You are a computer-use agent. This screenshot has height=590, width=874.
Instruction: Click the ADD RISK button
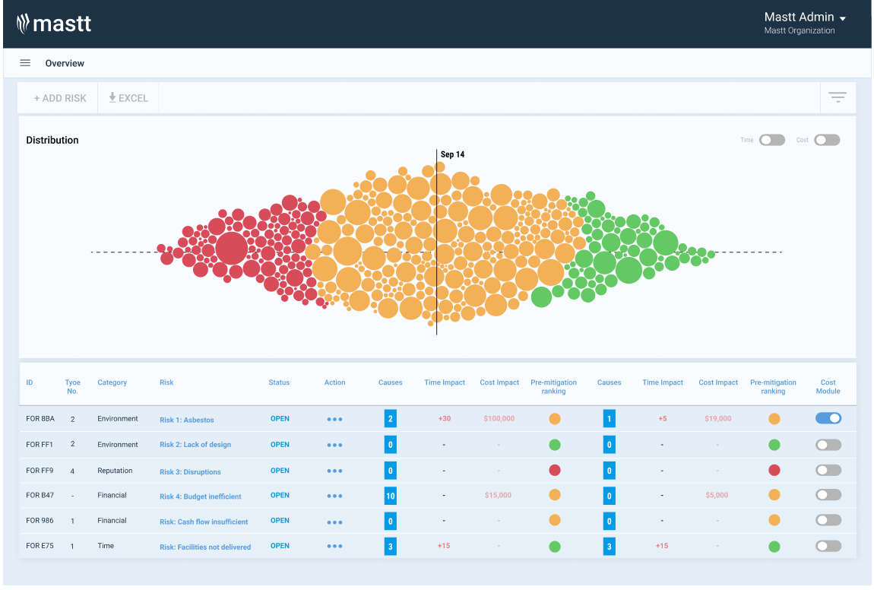[60, 98]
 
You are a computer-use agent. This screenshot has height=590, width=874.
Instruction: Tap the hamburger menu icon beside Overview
[25, 63]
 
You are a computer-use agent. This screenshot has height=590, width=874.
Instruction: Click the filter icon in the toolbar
[838, 97]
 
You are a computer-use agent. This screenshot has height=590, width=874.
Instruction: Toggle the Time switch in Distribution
[772, 140]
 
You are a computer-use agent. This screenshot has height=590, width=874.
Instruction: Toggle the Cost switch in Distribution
[827, 140]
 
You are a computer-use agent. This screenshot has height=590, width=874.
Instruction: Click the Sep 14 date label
[452, 154]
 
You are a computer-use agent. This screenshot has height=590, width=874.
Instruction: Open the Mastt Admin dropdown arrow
[843, 18]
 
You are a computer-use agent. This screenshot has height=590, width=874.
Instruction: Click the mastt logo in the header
[54, 24]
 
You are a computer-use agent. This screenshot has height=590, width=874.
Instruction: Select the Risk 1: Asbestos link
[187, 420]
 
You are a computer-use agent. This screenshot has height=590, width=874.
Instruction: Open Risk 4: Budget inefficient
[201, 496]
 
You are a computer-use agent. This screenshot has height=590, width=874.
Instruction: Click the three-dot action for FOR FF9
[334, 471]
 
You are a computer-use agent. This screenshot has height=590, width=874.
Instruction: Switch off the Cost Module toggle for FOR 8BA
[828, 418]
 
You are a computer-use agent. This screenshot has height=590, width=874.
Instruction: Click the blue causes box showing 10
[391, 496]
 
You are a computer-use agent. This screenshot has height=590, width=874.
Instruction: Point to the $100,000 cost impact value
[499, 419]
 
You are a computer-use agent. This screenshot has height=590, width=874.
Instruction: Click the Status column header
[279, 382]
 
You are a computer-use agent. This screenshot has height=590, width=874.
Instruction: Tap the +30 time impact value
[444, 419]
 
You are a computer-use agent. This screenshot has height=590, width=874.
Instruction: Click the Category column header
[112, 382]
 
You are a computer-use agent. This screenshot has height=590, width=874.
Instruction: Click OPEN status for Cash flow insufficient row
[280, 521]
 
